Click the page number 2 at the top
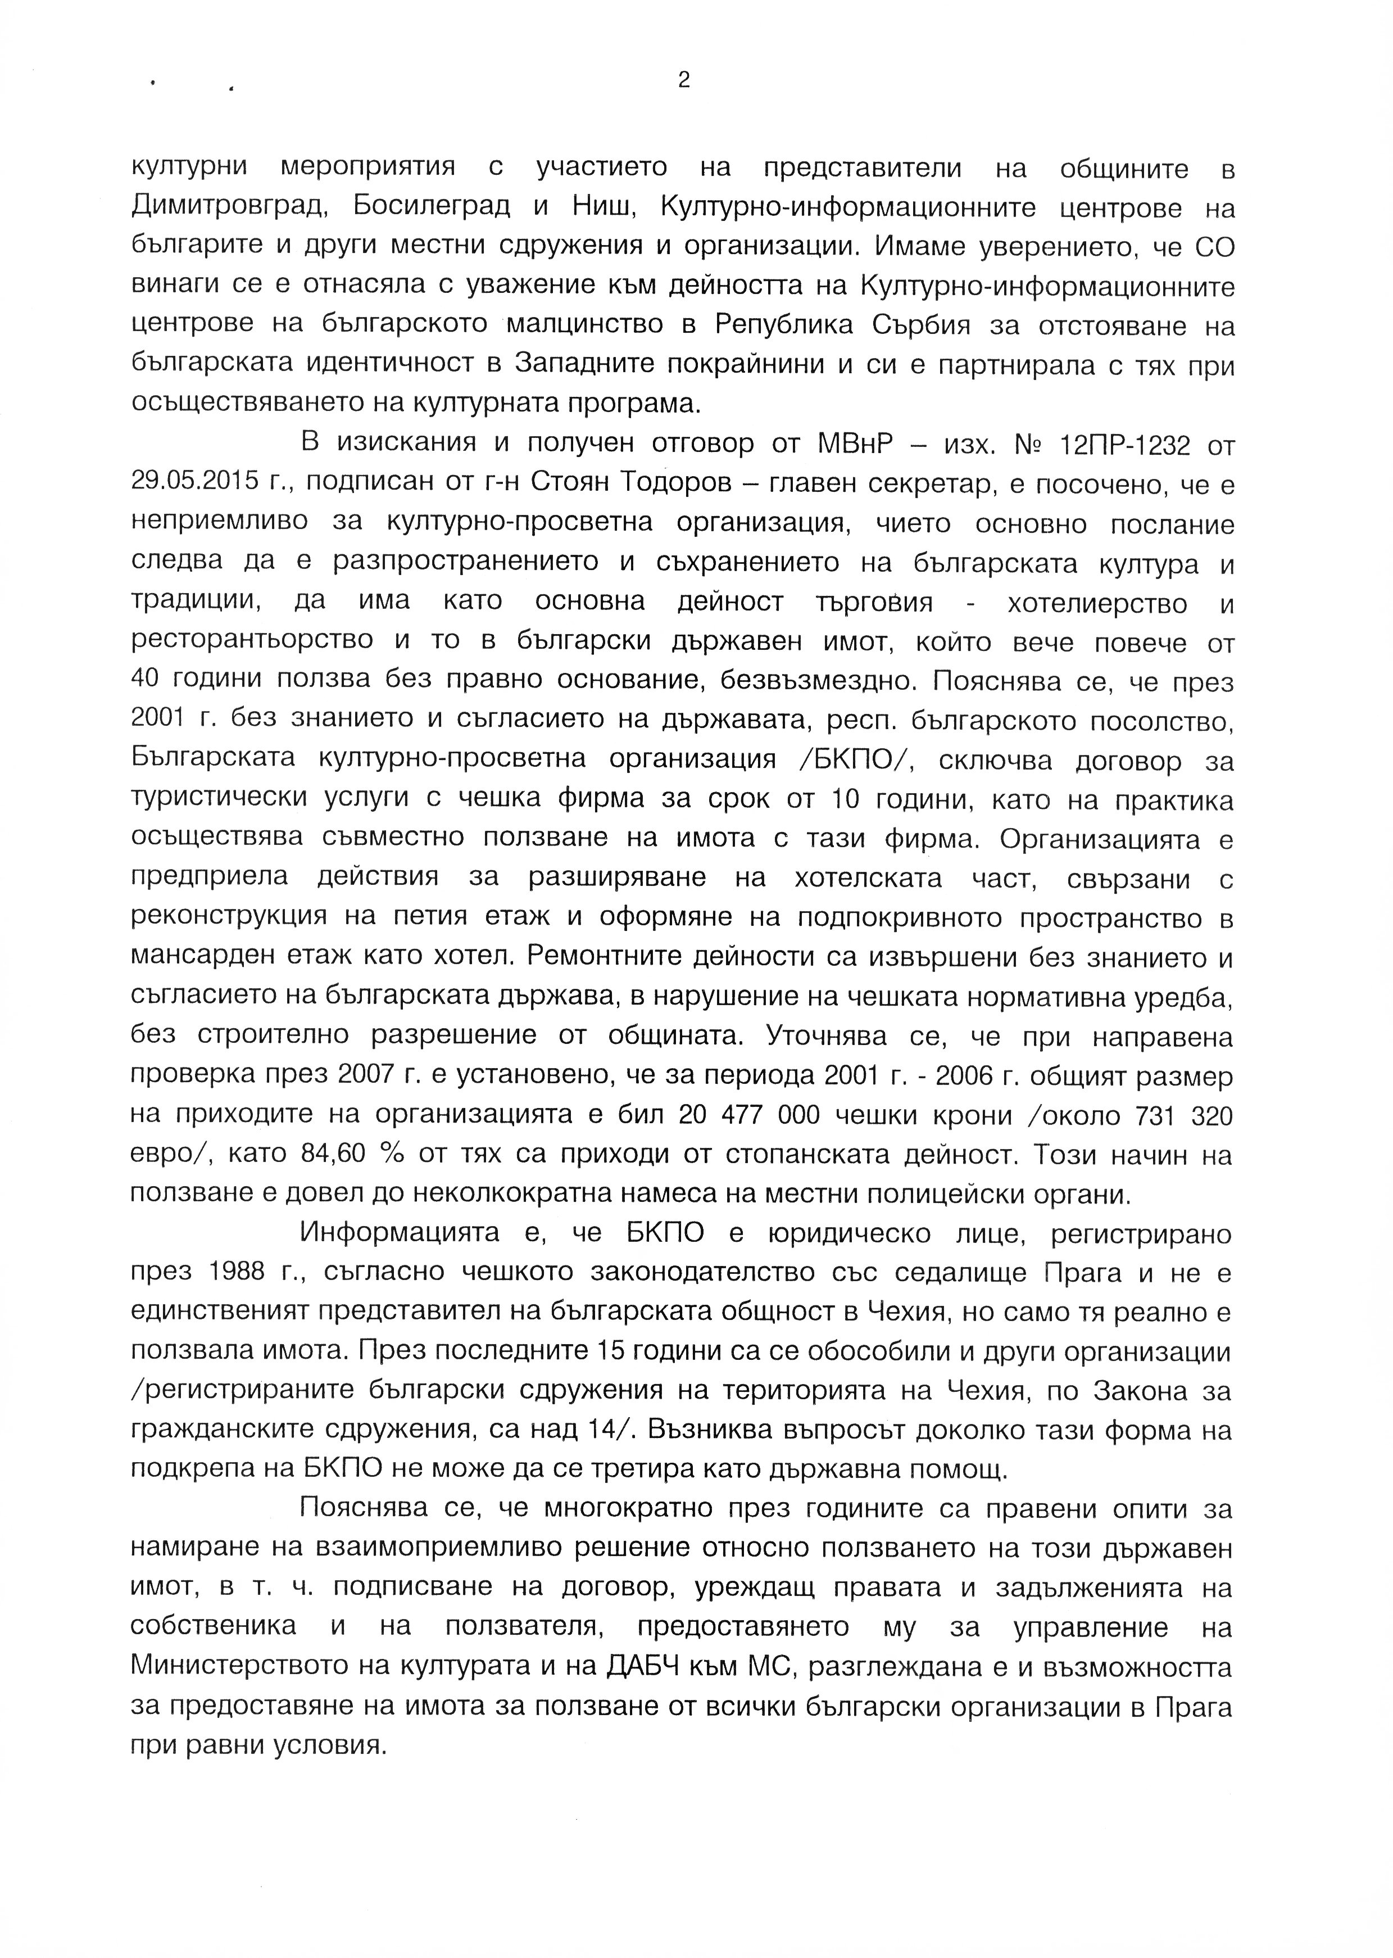pyautogui.click(x=684, y=80)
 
